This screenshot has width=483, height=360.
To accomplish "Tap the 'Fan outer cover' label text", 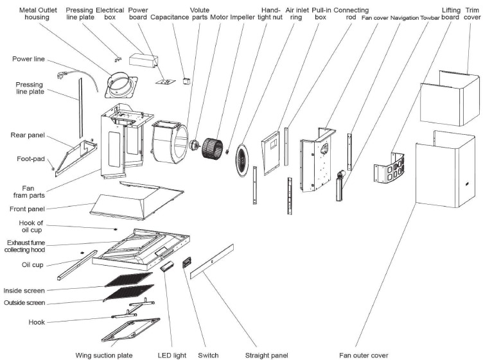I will tap(364, 355).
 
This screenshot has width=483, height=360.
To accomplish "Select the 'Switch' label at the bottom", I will tap(208, 355).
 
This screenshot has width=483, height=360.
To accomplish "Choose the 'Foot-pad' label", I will tap(30, 158).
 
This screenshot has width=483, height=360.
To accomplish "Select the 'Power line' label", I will tap(28, 59).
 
